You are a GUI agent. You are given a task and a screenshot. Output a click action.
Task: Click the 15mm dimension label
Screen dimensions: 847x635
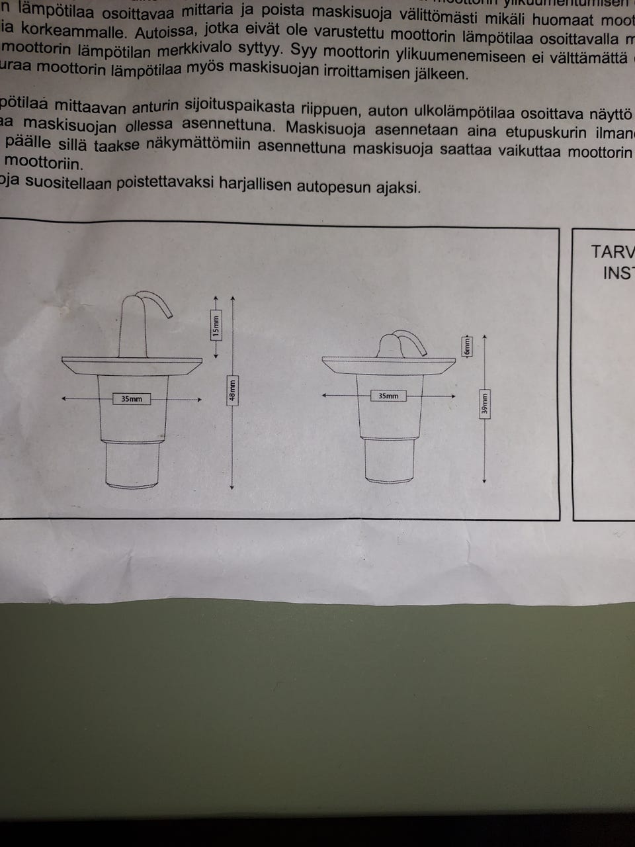click(216, 326)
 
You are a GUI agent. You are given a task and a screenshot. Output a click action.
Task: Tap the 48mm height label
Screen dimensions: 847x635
click(232, 390)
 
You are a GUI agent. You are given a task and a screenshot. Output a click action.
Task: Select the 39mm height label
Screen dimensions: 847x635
click(485, 404)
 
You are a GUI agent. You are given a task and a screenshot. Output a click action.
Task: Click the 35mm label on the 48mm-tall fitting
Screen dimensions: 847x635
click(131, 399)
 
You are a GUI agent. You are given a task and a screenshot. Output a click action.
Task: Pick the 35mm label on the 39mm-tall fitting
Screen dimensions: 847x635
click(388, 396)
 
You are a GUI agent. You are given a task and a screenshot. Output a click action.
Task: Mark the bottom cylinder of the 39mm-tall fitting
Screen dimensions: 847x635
click(391, 459)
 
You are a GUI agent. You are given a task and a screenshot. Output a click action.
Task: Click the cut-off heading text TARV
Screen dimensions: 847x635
click(612, 252)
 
